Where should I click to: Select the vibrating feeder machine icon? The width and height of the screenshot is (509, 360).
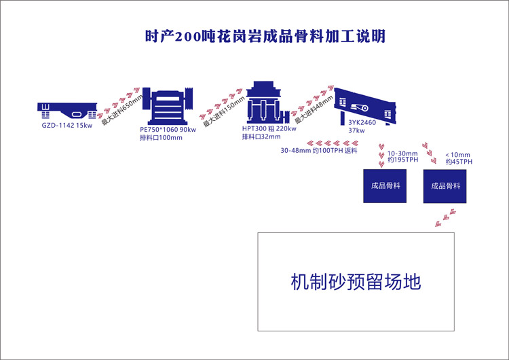67,109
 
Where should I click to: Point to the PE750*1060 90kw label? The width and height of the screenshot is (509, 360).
168,129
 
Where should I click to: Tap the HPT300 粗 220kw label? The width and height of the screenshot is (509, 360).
270,128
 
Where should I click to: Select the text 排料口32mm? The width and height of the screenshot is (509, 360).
261,137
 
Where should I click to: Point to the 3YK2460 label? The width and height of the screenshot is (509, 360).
361,123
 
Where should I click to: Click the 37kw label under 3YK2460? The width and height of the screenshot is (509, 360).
356,130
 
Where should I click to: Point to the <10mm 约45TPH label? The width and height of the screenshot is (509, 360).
459,158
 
